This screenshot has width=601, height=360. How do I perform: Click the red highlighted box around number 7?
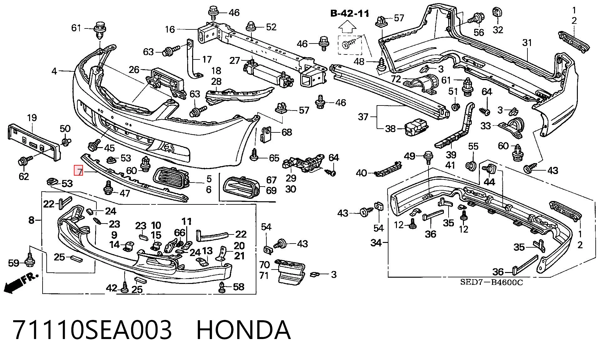point(78,170)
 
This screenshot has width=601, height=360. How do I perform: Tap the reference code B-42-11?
point(350,13)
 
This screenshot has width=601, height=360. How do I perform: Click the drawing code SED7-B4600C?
point(491,282)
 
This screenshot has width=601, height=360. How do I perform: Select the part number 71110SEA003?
point(93,330)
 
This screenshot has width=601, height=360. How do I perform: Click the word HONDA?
point(243,330)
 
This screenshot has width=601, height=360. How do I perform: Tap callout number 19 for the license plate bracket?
point(32,118)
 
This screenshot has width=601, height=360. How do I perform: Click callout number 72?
point(396,79)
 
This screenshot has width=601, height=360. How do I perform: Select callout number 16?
point(170,29)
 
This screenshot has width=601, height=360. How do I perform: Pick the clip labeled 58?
point(222,287)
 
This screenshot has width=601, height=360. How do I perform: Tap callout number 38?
point(390,129)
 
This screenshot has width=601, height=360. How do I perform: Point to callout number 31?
point(527,43)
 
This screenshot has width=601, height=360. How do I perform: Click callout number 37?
point(363,117)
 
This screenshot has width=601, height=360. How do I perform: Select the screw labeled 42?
point(125,287)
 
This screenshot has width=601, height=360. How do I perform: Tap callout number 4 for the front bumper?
point(54,71)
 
